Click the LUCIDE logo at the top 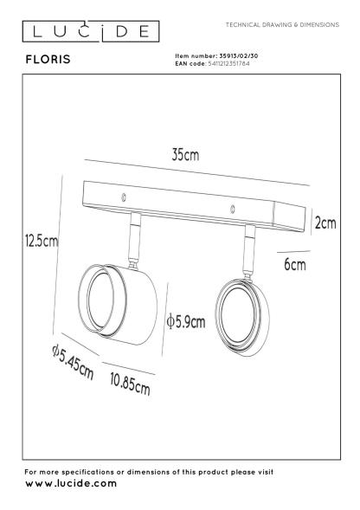91,31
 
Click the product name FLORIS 48,59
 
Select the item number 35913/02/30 239,56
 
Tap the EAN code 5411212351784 228,63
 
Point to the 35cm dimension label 185,155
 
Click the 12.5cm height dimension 42,241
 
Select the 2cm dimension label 325,223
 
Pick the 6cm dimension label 295,264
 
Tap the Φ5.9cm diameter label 186,322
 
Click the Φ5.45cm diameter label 73,363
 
